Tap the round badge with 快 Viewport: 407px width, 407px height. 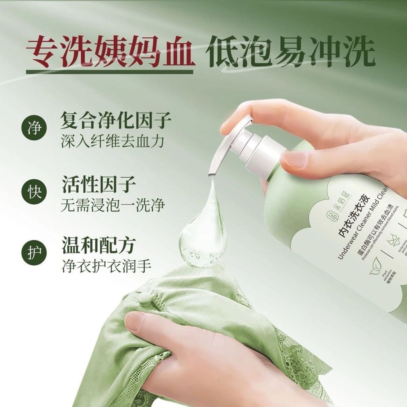[x=34, y=192]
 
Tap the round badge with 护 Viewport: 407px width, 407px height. [x=34, y=253]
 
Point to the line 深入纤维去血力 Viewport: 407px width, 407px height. [x=112, y=142]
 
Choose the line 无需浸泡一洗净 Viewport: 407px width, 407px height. [x=113, y=205]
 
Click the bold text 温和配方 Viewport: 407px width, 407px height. [x=99, y=245]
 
